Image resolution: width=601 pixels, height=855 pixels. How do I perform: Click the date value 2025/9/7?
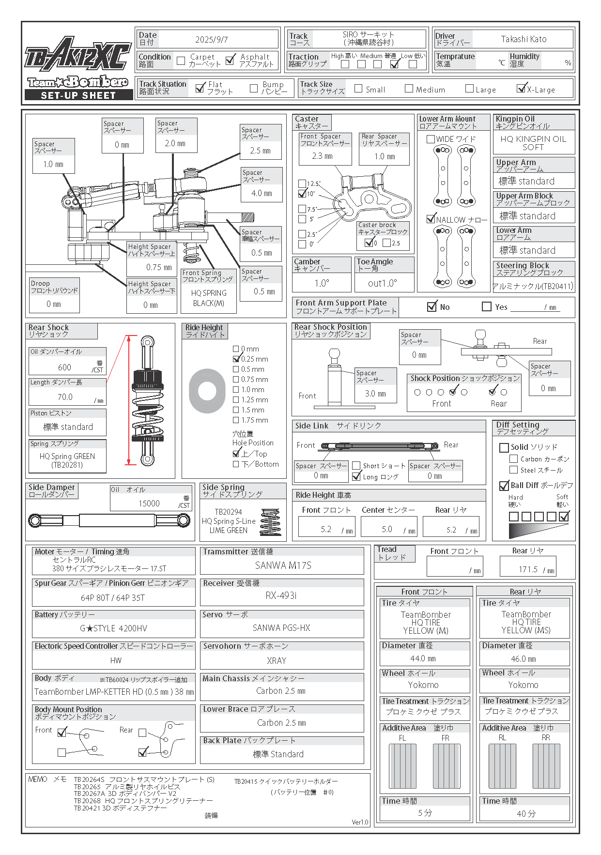pyautogui.click(x=212, y=40)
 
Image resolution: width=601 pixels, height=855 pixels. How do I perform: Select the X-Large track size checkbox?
pyautogui.click(x=521, y=89)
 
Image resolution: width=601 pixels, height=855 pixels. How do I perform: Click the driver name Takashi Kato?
pyautogui.click(x=524, y=39)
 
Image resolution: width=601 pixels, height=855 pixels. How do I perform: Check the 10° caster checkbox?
pyautogui.click(x=302, y=194)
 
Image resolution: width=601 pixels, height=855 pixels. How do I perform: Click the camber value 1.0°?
pyautogui.click(x=322, y=283)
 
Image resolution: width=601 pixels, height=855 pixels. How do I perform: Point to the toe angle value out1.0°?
pyautogui.click(x=383, y=283)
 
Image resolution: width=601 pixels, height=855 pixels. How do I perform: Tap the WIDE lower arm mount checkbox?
pyautogui.click(x=431, y=139)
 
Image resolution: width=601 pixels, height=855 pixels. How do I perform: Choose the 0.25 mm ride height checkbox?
pyautogui.click(x=236, y=359)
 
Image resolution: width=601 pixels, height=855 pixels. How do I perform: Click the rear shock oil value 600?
pyautogui.click(x=64, y=367)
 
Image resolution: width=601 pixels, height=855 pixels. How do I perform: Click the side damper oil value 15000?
pyautogui.click(x=149, y=504)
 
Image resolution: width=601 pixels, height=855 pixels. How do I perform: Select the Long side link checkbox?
pyautogui.click(x=356, y=476)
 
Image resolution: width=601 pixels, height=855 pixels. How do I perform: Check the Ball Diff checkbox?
pyautogui.click(x=504, y=486)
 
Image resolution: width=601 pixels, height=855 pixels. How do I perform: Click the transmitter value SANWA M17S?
pyautogui.click(x=283, y=565)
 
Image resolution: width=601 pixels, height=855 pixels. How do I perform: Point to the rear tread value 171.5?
pyautogui.click(x=528, y=569)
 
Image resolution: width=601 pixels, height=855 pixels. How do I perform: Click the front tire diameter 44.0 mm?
pyautogui.click(x=423, y=658)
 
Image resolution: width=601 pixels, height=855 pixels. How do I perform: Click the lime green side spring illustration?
pyautogui.click(x=270, y=522)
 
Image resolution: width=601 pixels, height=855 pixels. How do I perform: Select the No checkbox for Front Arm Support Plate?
pyautogui.click(x=432, y=306)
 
